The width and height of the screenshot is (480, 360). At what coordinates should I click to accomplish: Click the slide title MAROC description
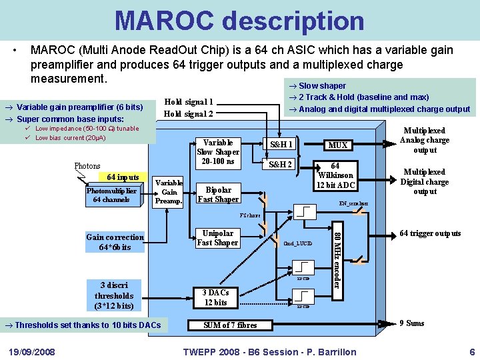239,20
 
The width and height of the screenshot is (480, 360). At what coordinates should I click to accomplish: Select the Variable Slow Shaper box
218,152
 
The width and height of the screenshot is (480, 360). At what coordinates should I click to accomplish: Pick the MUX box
338,145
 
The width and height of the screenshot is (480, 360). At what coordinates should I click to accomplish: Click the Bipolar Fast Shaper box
218,195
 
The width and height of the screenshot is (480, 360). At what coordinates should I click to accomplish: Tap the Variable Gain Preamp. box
169,192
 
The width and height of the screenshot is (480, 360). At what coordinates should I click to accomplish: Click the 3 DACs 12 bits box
215,297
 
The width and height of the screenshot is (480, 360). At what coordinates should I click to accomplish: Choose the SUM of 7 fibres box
229,325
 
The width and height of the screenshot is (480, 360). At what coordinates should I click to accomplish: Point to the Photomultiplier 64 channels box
111,195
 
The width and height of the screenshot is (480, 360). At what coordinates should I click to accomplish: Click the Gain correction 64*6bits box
115,242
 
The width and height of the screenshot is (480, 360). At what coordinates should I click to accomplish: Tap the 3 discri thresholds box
114,295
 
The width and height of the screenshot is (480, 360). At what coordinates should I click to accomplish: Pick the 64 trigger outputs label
430,233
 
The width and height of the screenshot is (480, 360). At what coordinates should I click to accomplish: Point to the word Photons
87,166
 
